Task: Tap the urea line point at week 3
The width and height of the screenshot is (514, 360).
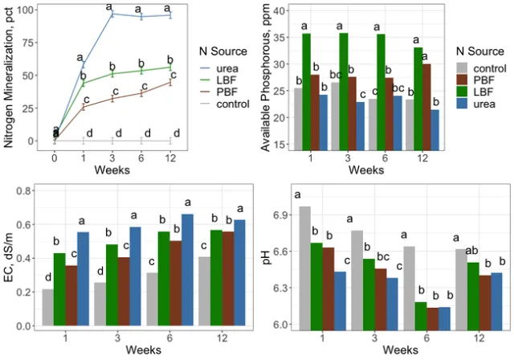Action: [112, 14]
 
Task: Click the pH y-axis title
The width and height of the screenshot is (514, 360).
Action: [267, 257]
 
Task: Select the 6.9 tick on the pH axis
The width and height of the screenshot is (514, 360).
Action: [279, 216]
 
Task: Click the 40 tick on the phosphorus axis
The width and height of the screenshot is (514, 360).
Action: [281, 10]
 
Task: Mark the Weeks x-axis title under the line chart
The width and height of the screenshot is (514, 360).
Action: [112, 170]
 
